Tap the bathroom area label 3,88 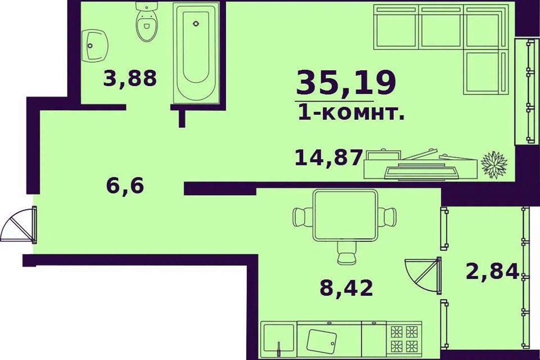click(x=129, y=78)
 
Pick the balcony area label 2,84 click(x=491, y=272)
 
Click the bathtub click(x=195, y=53)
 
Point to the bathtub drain click(x=195, y=24)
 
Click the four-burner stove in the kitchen click(x=404, y=338)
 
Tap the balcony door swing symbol click(x=423, y=275)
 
